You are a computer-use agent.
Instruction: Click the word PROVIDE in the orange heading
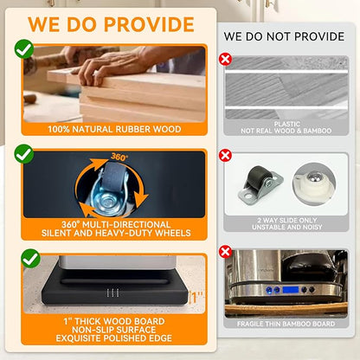tap(149, 24)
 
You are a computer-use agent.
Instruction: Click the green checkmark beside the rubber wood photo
tap(24, 49)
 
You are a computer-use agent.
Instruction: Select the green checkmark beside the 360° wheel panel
tap(24, 154)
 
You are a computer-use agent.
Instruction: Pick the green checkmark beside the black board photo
tap(30, 259)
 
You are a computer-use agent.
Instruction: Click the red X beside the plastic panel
tap(225, 60)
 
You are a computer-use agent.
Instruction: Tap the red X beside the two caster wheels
tap(225, 156)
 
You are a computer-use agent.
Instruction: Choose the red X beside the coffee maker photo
tap(225, 252)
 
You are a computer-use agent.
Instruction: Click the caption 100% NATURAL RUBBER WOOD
tap(114, 129)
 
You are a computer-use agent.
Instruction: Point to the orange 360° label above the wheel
tap(119, 157)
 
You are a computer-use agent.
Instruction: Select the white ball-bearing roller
tap(314, 183)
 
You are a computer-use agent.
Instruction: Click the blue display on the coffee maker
tap(291, 290)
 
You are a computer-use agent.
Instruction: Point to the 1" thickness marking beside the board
tap(196, 298)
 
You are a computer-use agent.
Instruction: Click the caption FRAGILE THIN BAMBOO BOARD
tap(286, 324)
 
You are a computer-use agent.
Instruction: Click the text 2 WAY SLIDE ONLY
tap(287, 220)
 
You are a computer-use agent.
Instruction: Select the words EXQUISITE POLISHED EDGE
tap(114, 338)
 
